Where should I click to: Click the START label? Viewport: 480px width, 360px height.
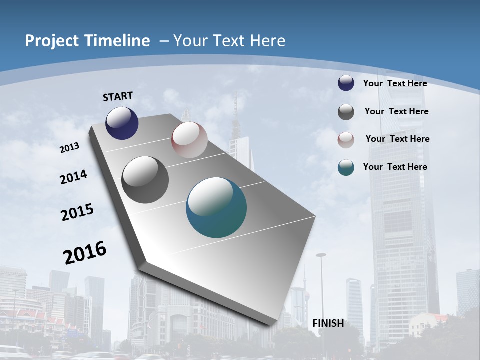point(118,96)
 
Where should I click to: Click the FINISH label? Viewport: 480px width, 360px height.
point(328,323)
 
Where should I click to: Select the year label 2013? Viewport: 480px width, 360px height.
point(70,148)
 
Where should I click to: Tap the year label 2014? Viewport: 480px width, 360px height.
point(74,177)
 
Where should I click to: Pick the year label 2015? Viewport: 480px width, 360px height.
point(77,212)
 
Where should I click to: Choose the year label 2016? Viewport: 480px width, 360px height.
point(85,253)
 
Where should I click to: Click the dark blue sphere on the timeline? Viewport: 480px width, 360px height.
point(122,123)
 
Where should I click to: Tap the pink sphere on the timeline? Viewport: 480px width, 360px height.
point(189,140)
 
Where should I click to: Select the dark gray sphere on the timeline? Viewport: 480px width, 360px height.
point(145,180)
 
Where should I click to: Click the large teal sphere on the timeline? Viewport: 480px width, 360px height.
point(216,207)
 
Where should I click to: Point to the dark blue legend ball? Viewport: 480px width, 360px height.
point(346,83)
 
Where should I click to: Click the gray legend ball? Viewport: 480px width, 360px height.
point(346,112)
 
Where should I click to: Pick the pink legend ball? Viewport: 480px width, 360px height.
point(346,140)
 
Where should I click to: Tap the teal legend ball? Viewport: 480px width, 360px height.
point(346,167)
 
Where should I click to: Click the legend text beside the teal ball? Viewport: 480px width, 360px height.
point(395,167)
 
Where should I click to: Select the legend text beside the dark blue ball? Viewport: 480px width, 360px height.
point(395,83)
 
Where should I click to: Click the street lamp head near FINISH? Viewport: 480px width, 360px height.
point(321,255)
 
